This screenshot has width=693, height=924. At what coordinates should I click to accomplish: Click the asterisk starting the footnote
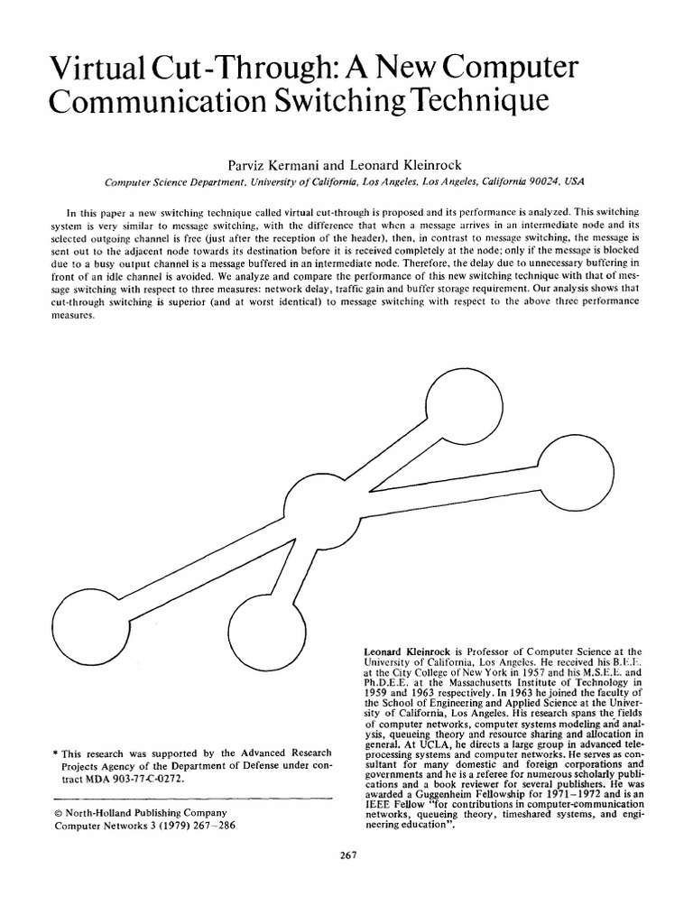[57, 753]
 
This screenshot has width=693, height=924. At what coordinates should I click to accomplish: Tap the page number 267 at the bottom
[346, 856]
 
